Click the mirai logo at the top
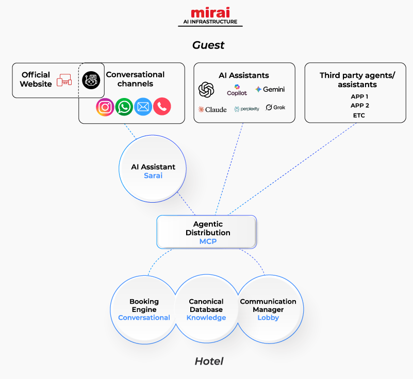pyautogui.click(x=210, y=12)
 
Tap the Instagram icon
pyautogui.click(x=105, y=107)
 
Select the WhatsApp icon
pyautogui.click(x=124, y=107)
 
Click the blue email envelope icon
pyautogui.click(x=143, y=107)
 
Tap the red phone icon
pyautogui.click(x=162, y=107)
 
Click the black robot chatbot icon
pyautogui.click(x=91, y=80)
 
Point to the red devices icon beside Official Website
pyautogui.click(x=64, y=80)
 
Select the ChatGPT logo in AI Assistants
pyautogui.click(x=206, y=90)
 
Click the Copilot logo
pyautogui.click(x=237, y=90)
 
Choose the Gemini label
pyautogui.click(x=270, y=90)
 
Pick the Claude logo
pyautogui.click(x=212, y=109)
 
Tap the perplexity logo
pyautogui.click(x=246, y=109)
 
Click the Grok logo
pyautogui.click(x=275, y=108)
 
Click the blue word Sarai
pyautogui.click(x=153, y=175)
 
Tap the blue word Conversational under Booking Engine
pyautogui.click(x=144, y=318)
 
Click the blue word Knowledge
pyautogui.click(x=206, y=318)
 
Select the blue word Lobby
pyautogui.click(x=268, y=318)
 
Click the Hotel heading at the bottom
pyautogui.click(x=209, y=361)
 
